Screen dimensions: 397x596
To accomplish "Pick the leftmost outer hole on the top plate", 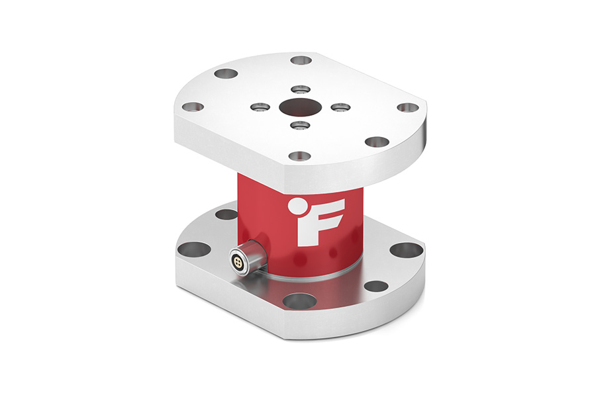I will pyautogui.click(x=193, y=106).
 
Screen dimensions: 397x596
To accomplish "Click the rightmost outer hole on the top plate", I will pyautogui.click(x=408, y=107).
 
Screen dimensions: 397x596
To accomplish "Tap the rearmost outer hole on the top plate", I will pyautogui.click(x=301, y=60).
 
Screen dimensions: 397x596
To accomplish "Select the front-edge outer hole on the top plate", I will pyautogui.click(x=299, y=156).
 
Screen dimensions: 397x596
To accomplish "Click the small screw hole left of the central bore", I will pyautogui.click(x=260, y=106).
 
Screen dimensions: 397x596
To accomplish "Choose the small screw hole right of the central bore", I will pyautogui.click(x=338, y=107).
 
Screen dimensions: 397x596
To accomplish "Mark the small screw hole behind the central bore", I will pyautogui.click(x=300, y=89).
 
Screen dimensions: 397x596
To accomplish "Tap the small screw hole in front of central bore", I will pyautogui.click(x=299, y=124).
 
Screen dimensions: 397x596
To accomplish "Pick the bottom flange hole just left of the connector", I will pyautogui.click(x=193, y=249).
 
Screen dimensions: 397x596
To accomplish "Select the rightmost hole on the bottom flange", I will pyautogui.click(x=405, y=249).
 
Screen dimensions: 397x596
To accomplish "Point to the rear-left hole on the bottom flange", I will pyautogui.click(x=226, y=214).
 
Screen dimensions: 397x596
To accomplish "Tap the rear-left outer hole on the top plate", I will pyautogui.click(x=226, y=73).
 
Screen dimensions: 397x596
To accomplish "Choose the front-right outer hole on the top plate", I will pyautogui.click(x=377, y=142).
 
